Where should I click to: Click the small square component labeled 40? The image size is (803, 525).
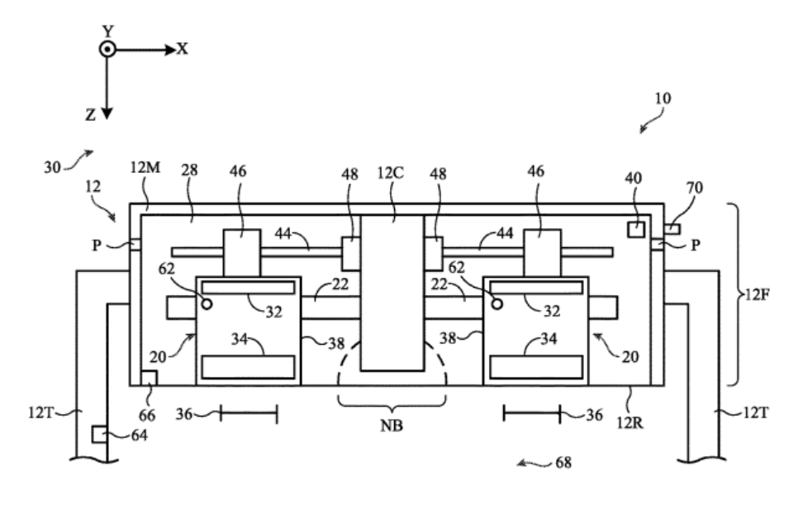point(636,229)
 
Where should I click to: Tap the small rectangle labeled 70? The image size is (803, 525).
point(672,229)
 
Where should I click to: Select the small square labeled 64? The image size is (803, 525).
point(99,434)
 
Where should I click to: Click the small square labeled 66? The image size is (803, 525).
point(149,379)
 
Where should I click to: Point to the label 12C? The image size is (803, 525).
point(390,174)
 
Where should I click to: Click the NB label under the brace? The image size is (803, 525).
point(392,426)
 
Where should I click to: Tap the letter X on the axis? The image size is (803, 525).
point(183,50)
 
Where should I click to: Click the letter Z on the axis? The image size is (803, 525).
point(91,115)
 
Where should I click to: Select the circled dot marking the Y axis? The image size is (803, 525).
point(107,50)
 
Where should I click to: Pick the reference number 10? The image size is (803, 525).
point(663,98)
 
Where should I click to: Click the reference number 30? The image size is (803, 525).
point(52,167)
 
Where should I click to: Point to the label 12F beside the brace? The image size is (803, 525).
point(756,295)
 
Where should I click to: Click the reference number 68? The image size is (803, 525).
point(563,462)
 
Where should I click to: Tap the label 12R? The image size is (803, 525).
point(630,422)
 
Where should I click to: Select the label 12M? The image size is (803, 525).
point(145,167)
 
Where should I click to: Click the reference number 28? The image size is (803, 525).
point(189,169)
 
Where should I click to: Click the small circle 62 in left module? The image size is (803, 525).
point(207,304)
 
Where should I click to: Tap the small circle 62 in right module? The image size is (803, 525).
point(497,304)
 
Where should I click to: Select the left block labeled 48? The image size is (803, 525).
point(351,254)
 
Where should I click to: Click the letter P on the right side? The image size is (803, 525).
point(695,246)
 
